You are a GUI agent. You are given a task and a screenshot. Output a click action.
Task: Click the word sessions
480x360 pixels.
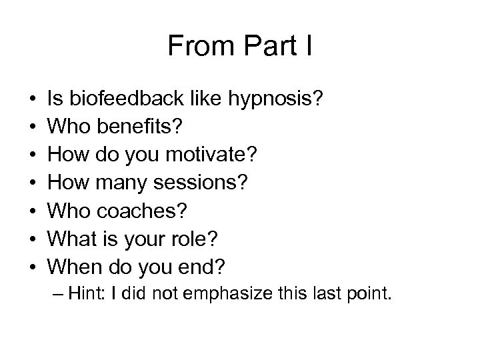pyautogui.click(x=209, y=184)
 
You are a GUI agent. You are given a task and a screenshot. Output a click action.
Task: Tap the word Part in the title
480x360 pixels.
pyautogui.click(x=270, y=46)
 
